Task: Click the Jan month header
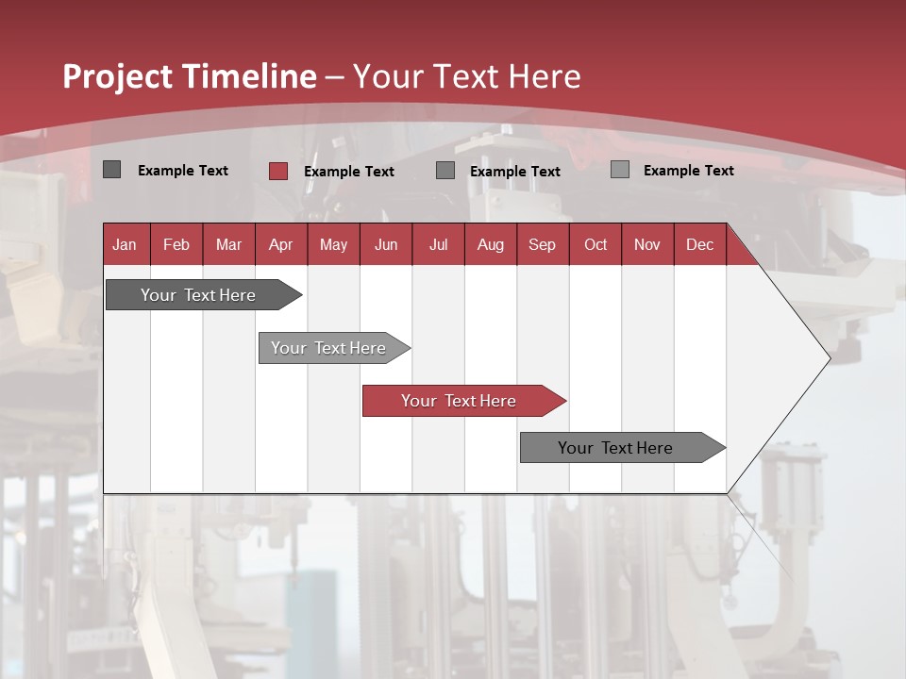coord(126,244)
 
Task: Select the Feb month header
coord(176,244)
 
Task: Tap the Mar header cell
coord(228,244)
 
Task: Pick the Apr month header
coord(281,244)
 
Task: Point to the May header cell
coord(333,244)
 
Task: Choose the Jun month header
coord(386,244)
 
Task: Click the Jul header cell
coord(438,244)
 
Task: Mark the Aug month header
coord(491,244)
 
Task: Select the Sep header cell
coord(543,244)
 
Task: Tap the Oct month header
coord(596,244)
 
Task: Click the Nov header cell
coord(647,244)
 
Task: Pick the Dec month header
coord(699,244)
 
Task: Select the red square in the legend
coord(278,171)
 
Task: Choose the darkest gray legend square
coord(112,170)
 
